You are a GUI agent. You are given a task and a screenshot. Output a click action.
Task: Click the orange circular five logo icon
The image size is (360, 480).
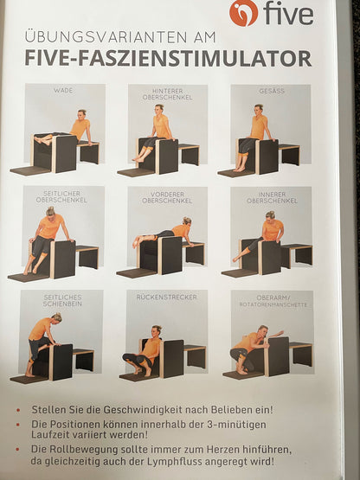click(x=243, y=13)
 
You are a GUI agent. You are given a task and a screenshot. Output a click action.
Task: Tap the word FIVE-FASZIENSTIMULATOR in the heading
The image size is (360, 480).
click(x=168, y=59)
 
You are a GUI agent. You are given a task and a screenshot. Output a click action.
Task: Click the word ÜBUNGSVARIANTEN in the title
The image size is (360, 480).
click(x=106, y=37)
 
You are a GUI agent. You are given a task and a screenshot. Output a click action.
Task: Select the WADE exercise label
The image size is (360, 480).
click(x=63, y=90)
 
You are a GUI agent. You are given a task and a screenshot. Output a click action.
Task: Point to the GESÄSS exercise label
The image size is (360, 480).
click(x=272, y=91)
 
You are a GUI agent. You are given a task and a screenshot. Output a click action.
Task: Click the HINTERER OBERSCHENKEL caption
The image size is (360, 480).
click(x=168, y=94)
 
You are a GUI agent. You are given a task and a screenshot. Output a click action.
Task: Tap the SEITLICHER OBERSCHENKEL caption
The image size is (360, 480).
click(x=61, y=197)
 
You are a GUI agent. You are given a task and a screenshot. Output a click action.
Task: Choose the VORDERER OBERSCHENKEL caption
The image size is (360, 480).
click(x=167, y=198)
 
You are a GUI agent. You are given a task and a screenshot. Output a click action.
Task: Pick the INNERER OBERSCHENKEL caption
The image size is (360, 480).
click(x=272, y=198)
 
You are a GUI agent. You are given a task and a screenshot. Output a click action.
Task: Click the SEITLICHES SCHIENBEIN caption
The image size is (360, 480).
click(x=62, y=300)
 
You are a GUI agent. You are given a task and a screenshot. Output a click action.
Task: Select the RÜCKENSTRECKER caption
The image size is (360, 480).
click(x=167, y=297)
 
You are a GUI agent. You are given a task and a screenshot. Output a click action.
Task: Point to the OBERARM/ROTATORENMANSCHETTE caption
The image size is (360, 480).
click(x=273, y=301)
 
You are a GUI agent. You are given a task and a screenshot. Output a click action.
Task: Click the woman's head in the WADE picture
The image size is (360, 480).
click(x=81, y=115)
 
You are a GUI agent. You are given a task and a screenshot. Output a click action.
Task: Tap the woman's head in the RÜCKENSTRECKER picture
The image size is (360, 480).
click(x=157, y=330)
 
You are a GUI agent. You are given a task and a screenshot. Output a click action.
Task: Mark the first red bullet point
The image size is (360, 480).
click(x=18, y=410)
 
